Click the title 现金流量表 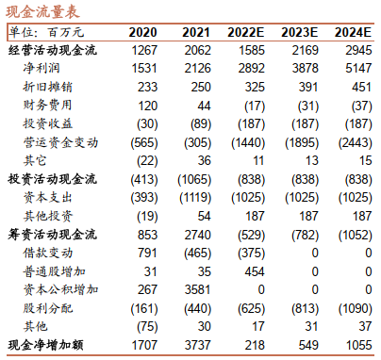click(x=42, y=11)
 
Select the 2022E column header click(x=246, y=32)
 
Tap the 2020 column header click(x=142, y=32)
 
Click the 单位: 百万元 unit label click(x=46, y=32)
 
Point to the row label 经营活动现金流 click(x=52, y=50)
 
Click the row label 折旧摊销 click(x=47, y=87)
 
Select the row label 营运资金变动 click(x=60, y=142)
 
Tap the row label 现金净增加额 click(x=45, y=345)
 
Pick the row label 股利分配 click(x=47, y=308)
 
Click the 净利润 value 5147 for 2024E click(x=358, y=68)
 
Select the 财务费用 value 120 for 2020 click(x=148, y=106)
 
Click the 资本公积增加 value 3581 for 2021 click(x=197, y=289)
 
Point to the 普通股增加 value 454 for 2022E click(x=255, y=271)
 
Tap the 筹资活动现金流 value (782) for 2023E click(x=305, y=235)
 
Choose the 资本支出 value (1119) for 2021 click(x=195, y=198)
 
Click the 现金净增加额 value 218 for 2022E click(x=255, y=345)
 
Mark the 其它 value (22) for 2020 click(x=147, y=161)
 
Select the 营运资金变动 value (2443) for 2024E click(x=356, y=142)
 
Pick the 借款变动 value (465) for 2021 click(x=197, y=253)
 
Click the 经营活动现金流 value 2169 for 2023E click(x=305, y=50)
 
